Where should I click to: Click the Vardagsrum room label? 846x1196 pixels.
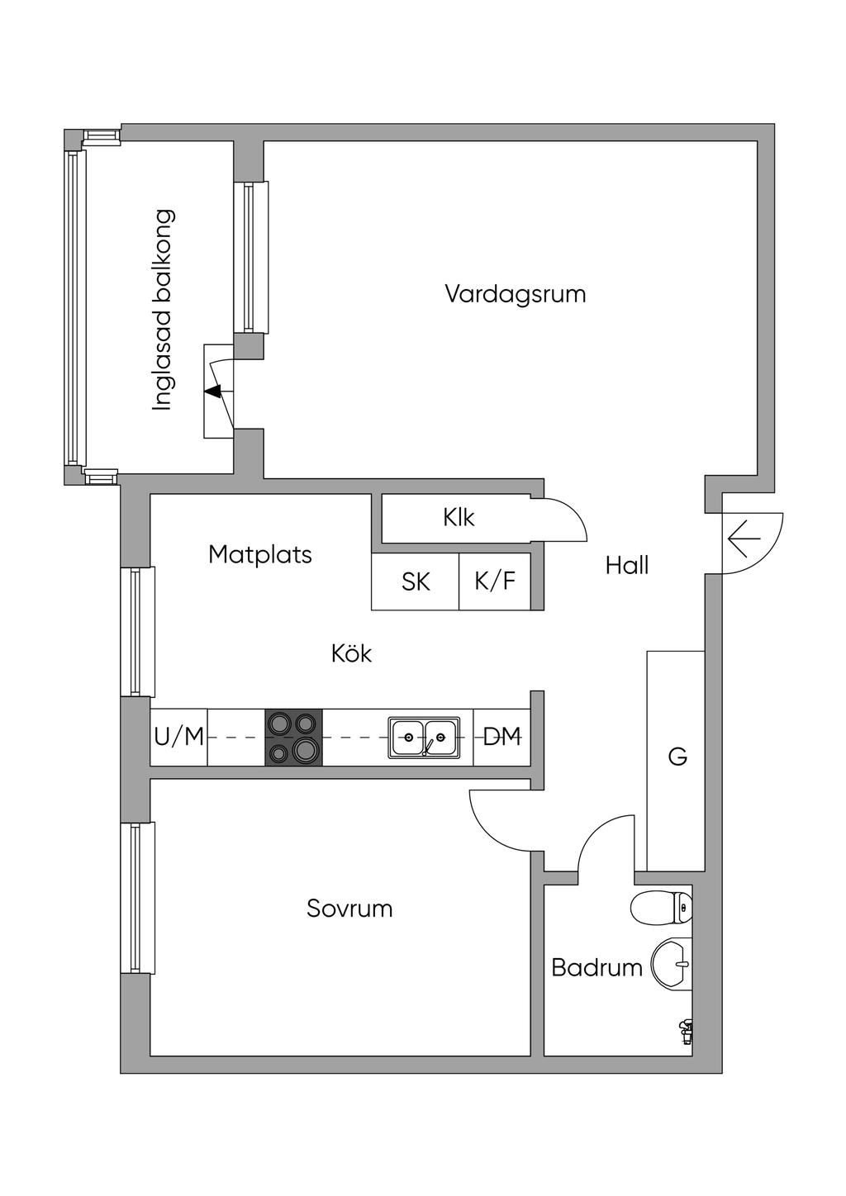[516, 295]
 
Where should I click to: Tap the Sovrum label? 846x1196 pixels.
[349, 909]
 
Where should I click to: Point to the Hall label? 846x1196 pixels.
[627, 565]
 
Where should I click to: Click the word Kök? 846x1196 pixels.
[351, 653]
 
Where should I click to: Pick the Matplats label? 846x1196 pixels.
[260, 555]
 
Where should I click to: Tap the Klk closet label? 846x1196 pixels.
[459, 517]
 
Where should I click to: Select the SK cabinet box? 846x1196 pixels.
[416, 581]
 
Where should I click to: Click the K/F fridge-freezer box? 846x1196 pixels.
[495, 581]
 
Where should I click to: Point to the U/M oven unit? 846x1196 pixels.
[179, 738]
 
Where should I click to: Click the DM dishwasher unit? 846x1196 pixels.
[502, 738]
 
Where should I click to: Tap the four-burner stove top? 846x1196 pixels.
[294, 738]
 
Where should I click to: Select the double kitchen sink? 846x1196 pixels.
[424, 738]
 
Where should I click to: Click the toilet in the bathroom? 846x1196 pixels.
[662, 907]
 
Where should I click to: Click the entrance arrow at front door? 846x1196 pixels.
[744, 539]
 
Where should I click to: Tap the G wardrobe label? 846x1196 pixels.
[677, 757]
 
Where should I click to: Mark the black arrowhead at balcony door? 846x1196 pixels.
[214, 392]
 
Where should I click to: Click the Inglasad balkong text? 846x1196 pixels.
[164, 310]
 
